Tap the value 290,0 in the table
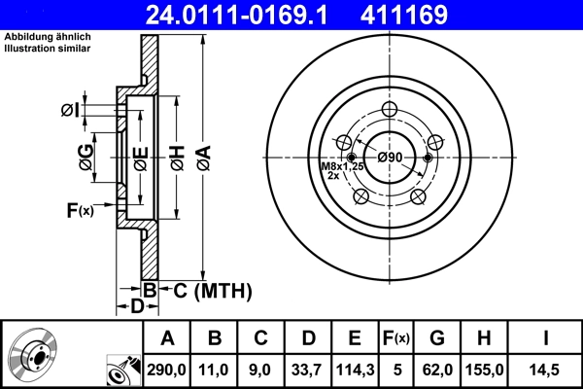167,370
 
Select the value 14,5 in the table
547,370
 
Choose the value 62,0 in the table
437,370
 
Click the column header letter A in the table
167,337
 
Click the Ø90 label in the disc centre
391,158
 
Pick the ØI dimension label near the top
69,110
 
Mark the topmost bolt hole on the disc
391,110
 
